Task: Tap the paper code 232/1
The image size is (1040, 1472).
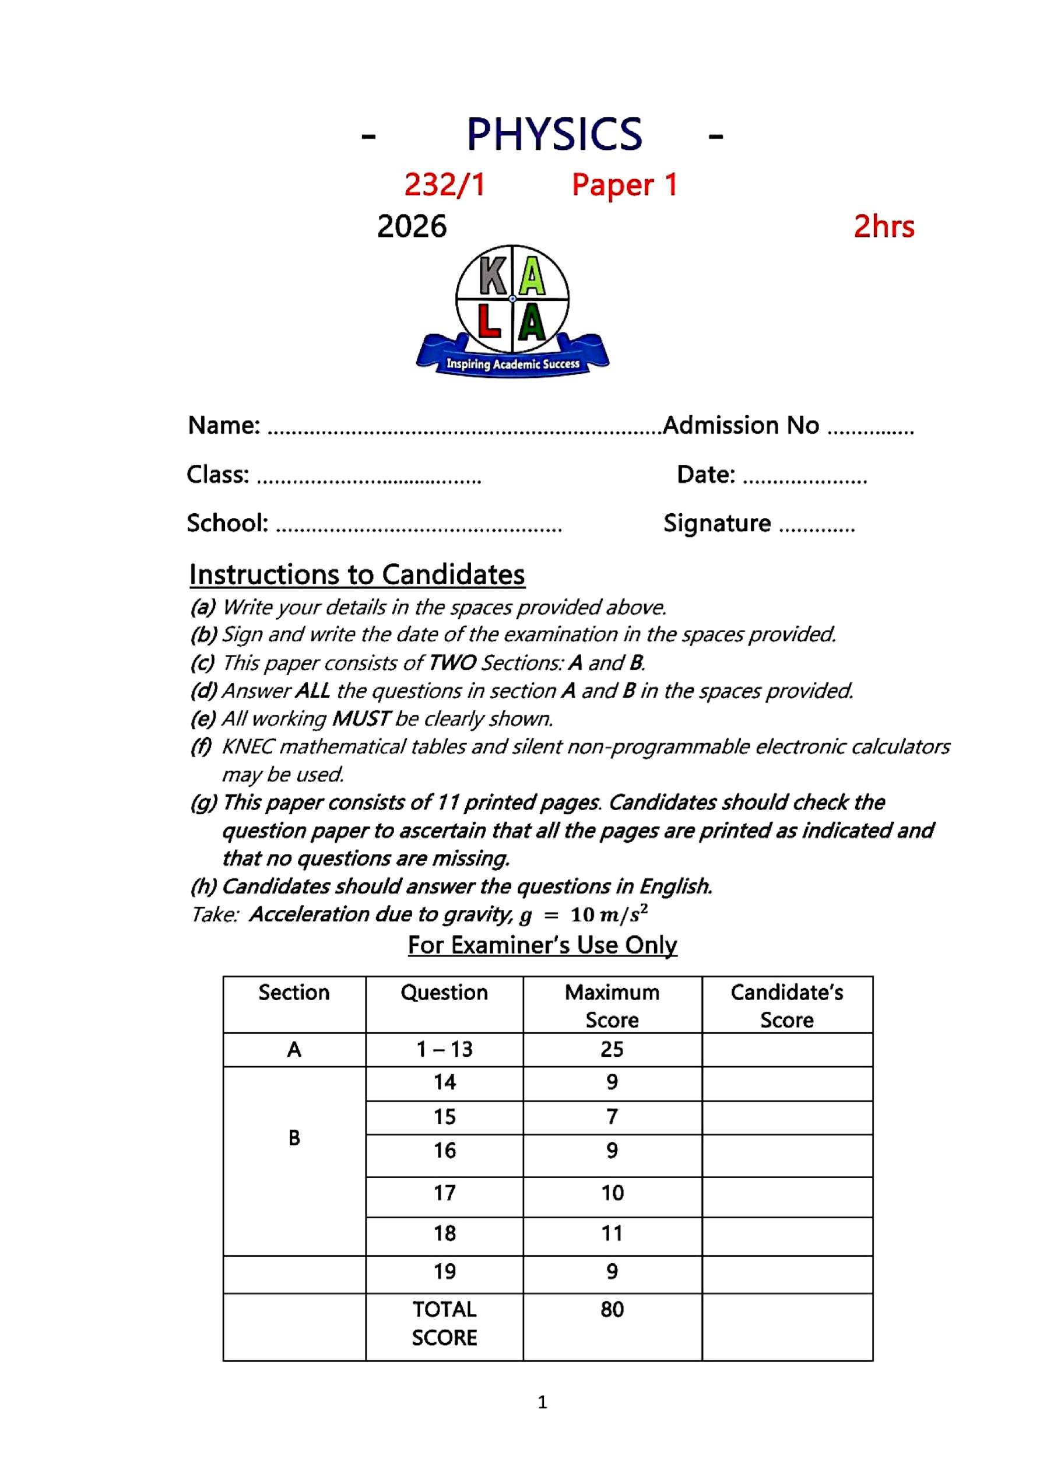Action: [x=444, y=185]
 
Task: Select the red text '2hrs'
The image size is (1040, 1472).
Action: [x=884, y=226]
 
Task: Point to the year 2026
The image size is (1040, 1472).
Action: [x=412, y=226]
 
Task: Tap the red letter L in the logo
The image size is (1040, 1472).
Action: [x=490, y=323]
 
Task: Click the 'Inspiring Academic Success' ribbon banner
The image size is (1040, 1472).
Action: [x=512, y=364]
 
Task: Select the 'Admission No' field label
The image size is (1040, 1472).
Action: [x=741, y=425]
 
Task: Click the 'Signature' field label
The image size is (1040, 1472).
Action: [x=717, y=523]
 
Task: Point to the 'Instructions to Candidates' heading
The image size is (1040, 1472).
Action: [x=357, y=574]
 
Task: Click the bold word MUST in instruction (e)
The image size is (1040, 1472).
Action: [x=360, y=719]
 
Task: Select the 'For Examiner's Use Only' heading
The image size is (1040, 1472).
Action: [x=542, y=945]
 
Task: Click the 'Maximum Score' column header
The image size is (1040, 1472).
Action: [x=612, y=1006]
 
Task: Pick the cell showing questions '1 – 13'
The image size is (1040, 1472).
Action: [x=444, y=1050]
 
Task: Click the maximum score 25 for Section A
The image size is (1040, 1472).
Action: [x=612, y=1050]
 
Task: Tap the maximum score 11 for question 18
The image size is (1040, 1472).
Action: [x=612, y=1233]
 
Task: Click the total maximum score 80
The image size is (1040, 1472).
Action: [x=612, y=1309]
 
